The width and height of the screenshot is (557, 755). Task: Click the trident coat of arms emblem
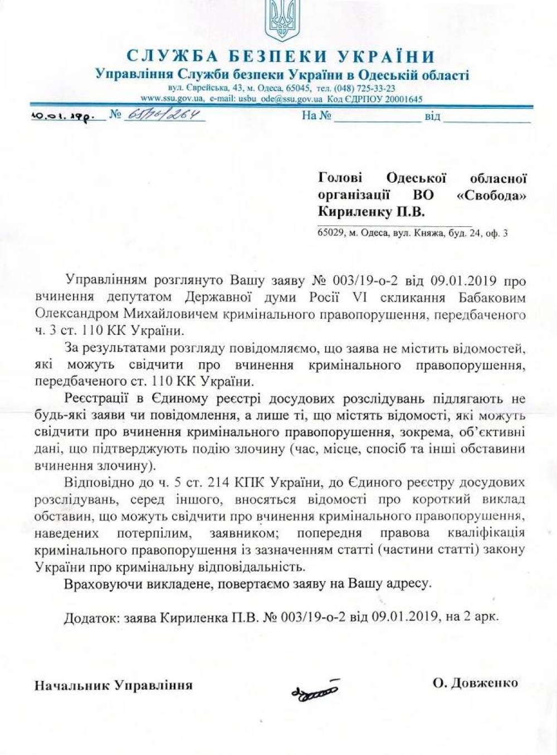pyautogui.click(x=281, y=21)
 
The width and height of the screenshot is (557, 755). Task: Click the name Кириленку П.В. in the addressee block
pyautogui.click(x=371, y=212)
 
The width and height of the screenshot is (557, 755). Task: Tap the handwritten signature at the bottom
pyautogui.click(x=314, y=690)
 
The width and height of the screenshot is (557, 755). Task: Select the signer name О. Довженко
pyautogui.click(x=475, y=683)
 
